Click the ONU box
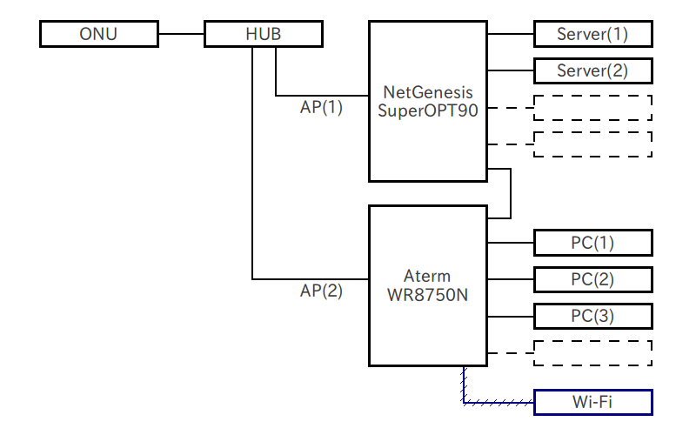[99, 35]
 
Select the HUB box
[264, 35]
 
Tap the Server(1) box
[592, 35]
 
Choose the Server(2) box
[592, 70]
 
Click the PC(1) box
[592, 243]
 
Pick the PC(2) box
[592, 279]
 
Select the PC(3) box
[592, 316]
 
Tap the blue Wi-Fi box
[592, 403]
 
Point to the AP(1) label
[321, 109]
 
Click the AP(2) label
[321, 292]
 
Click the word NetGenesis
[427, 91]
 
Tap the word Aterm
[427, 277]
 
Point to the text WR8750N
[427, 295]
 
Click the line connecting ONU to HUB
[181, 35]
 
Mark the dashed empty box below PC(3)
[592, 352]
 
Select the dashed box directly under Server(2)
[592, 107]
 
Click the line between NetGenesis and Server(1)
[510, 35]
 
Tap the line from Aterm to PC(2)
[510, 279]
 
